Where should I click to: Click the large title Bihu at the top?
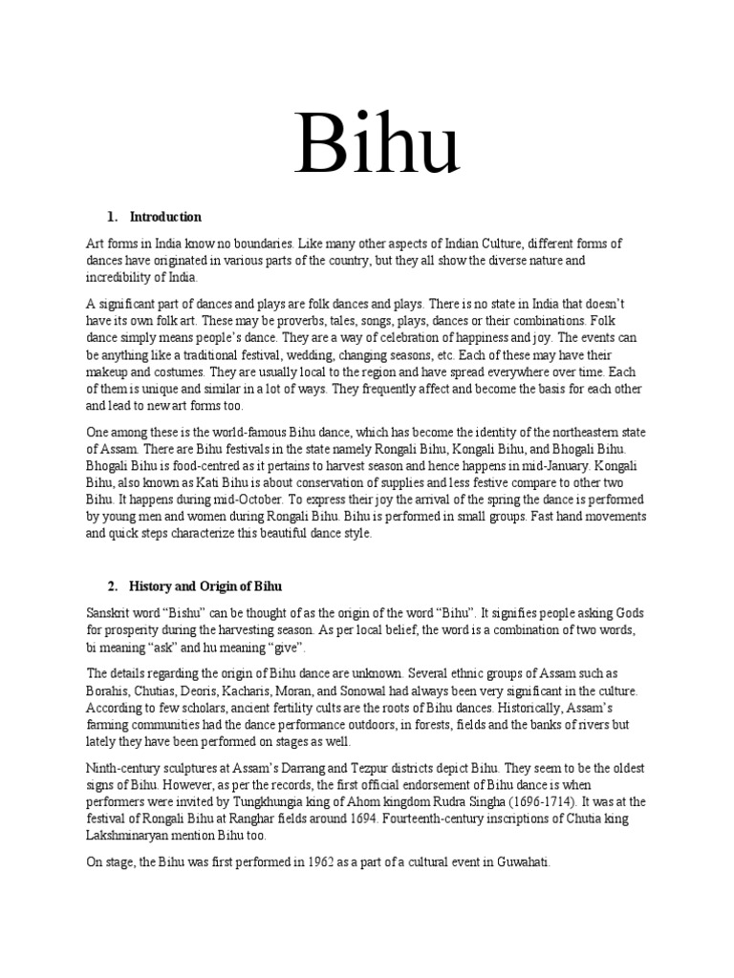377,144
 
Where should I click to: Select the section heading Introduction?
165,217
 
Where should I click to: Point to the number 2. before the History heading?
110,585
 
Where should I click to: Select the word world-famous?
249,432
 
